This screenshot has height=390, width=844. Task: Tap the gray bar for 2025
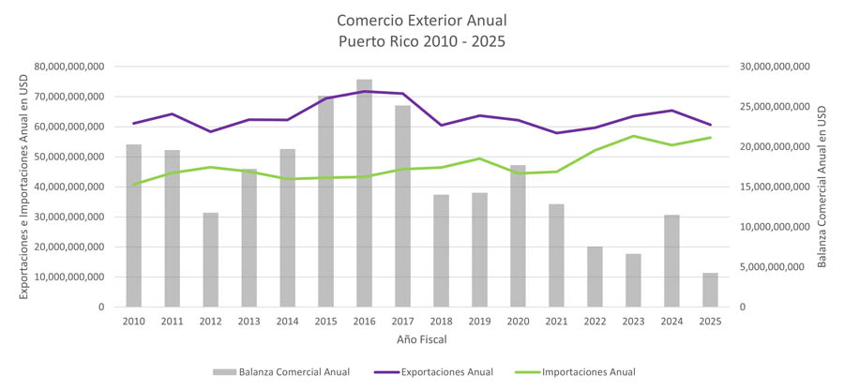click(710, 290)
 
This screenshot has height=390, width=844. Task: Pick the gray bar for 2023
click(633, 280)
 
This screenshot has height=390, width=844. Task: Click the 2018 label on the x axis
click(441, 321)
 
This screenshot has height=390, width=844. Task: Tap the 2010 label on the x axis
click(133, 321)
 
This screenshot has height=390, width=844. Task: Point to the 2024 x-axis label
click(671, 321)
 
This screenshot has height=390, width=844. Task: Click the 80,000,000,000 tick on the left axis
click(71, 67)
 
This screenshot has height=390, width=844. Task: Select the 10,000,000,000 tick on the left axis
click(71, 277)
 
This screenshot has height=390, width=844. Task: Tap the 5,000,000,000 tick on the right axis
click(776, 267)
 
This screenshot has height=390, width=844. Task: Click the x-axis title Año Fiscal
click(421, 338)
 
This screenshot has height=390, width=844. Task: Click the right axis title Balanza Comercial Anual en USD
click(821, 187)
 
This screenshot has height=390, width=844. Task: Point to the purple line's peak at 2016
click(364, 91)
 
